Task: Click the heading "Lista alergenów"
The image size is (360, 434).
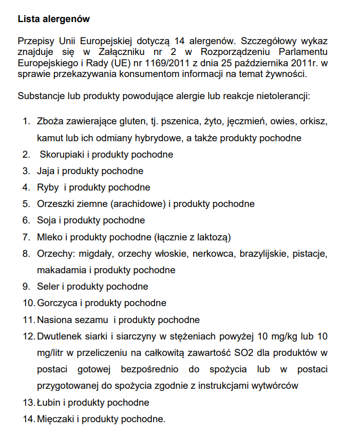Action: (x=54, y=19)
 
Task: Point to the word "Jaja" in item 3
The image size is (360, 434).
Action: (x=46, y=171)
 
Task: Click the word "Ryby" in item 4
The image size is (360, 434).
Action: (x=48, y=187)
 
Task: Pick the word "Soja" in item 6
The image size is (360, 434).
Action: (x=46, y=220)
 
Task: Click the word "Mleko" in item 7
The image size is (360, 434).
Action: (x=49, y=237)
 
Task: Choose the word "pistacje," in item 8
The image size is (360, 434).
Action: (x=310, y=253)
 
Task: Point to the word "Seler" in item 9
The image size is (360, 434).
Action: (x=48, y=286)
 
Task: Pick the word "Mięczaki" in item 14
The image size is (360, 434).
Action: (x=55, y=419)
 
